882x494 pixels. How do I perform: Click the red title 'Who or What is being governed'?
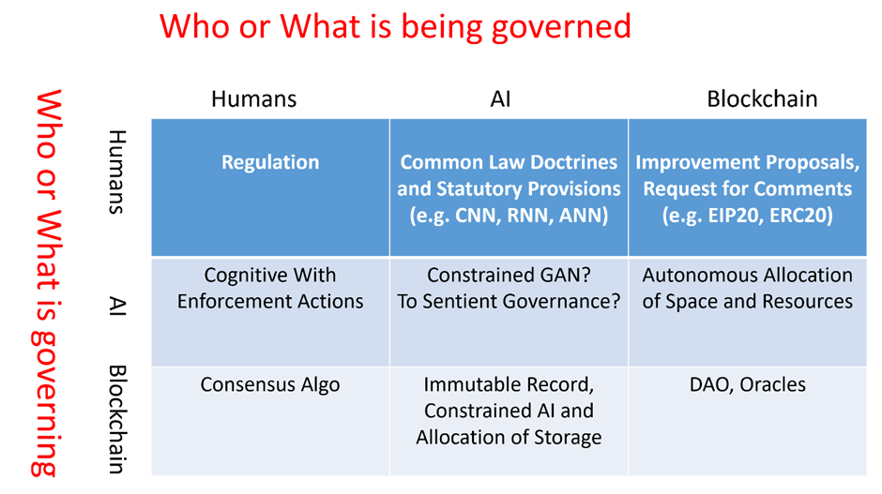click(395, 26)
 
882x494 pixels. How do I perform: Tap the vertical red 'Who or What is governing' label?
click(46, 283)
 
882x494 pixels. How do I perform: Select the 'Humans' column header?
click(253, 99)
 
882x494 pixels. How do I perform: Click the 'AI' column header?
click(501, 99)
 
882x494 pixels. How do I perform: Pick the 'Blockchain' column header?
click(762, 99)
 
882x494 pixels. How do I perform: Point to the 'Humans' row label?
click(116, 172)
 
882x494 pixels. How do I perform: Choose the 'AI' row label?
click(116, 306)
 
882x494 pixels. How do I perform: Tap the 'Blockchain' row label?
click(116, 420)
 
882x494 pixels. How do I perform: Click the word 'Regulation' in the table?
click(270, 162)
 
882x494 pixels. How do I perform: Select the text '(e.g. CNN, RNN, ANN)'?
click(509, 216)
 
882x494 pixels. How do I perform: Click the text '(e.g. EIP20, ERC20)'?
click(748, 216)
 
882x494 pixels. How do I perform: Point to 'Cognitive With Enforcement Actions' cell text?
click(270, 289)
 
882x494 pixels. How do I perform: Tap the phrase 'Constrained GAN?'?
click(509, 275)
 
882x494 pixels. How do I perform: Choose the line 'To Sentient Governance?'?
click(509, 301)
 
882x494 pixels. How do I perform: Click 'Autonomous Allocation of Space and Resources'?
click(748, 289)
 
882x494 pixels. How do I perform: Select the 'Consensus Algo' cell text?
click(270, 385)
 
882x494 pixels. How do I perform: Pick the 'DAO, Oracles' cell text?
click(748, 384)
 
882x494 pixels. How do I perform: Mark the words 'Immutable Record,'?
click(509, 384)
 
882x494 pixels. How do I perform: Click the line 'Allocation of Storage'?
click(509, 437)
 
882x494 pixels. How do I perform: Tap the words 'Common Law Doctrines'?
click(509, 162)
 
